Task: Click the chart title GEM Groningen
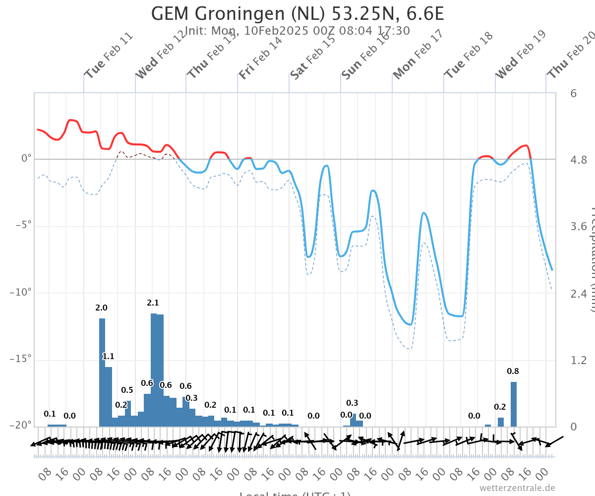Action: tap(297, 13)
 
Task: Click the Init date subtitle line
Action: tap(297, 31)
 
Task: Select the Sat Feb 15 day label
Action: tap(313, 57)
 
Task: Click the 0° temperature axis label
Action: tap(26, 159)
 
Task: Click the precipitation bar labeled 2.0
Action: tap(102, 372)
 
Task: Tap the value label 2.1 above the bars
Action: tap(153, 303)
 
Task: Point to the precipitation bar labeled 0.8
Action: tap(514, 404)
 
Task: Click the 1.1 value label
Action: tap(109, 356)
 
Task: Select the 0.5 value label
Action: tap(127, 390)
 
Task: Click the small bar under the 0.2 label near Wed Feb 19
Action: tap(501, 422)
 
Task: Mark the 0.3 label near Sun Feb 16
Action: tap(352, 403)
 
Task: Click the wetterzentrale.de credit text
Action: tap(517, 488)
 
